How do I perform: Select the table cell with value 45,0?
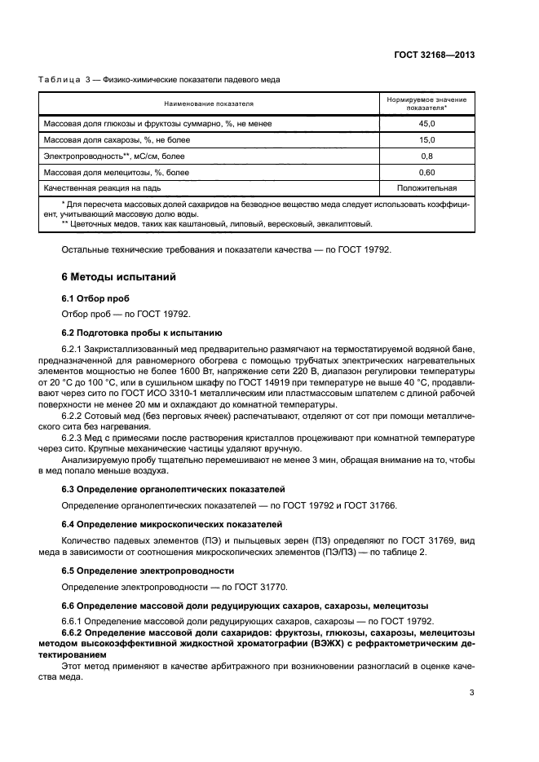coord(426,124)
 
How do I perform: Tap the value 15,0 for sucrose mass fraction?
coord(426,140)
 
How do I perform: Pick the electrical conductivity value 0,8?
coord(426,156)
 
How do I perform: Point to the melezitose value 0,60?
coord(426,172)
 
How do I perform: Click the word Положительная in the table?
coord(426,187)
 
